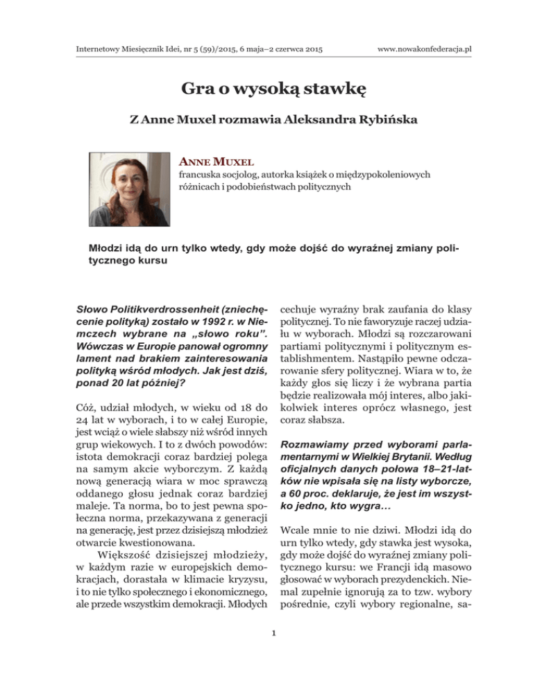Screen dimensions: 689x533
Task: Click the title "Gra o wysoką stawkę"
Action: [x=266, y=89]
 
